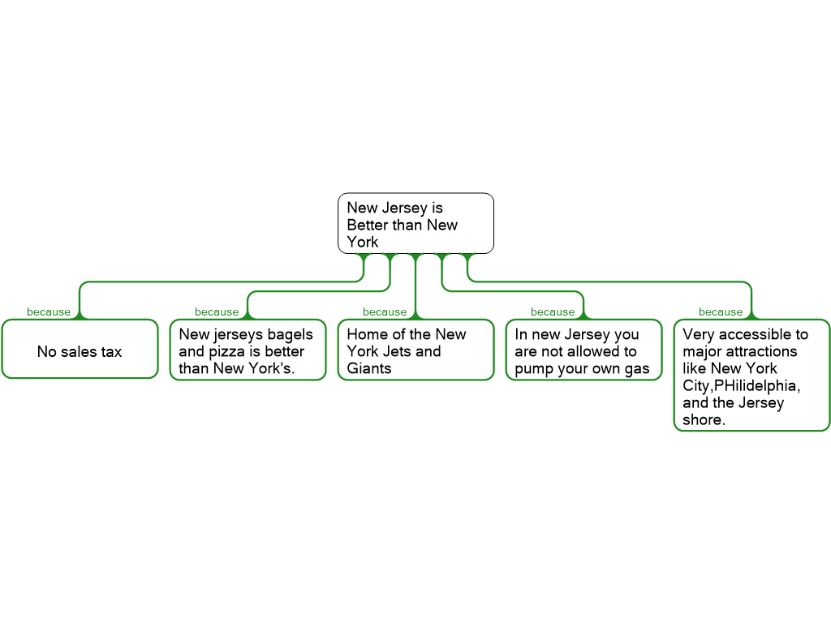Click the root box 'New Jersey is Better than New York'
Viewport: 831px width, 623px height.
pos(415,223)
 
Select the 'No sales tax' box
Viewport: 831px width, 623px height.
pos(80,350)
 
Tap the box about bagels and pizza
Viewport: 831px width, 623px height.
pos(247,350)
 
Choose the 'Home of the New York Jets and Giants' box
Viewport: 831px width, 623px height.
pos(415,350)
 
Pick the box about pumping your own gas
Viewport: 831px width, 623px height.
pos(583,350)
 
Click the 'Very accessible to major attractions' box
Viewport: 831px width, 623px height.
pos(751,376)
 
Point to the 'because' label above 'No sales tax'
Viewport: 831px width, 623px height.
pos(49,312)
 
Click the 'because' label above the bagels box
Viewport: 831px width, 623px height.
pos(217,312)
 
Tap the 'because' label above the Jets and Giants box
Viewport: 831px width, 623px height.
pos(385,312)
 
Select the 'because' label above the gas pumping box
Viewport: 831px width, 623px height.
pos(553,312)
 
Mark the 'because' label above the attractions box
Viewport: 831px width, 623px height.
pos(721,312)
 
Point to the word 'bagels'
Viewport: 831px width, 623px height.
pos(290,335)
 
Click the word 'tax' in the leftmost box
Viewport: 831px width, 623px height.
pos(111,352)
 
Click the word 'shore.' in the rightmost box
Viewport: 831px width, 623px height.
pos(704,420)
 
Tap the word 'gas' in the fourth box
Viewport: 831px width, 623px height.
pos(638,369)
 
